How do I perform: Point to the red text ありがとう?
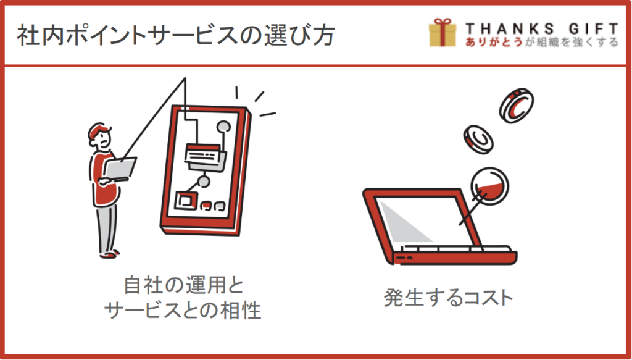(494, 42)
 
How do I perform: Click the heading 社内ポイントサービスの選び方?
(176, 35)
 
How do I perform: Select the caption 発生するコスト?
(448, 298)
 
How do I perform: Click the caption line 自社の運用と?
(184, 285)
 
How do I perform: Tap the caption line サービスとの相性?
(183, 311)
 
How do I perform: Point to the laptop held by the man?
(120, 169)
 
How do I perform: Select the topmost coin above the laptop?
(517, 106)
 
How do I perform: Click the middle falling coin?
(478, 140)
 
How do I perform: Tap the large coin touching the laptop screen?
(489, 186)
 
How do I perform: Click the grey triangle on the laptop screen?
(403, 221)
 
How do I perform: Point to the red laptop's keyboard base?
(455, 256)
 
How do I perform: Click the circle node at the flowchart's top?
(223, 127)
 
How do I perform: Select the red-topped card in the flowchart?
(206, 155)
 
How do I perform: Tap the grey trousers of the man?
(107, 227)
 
